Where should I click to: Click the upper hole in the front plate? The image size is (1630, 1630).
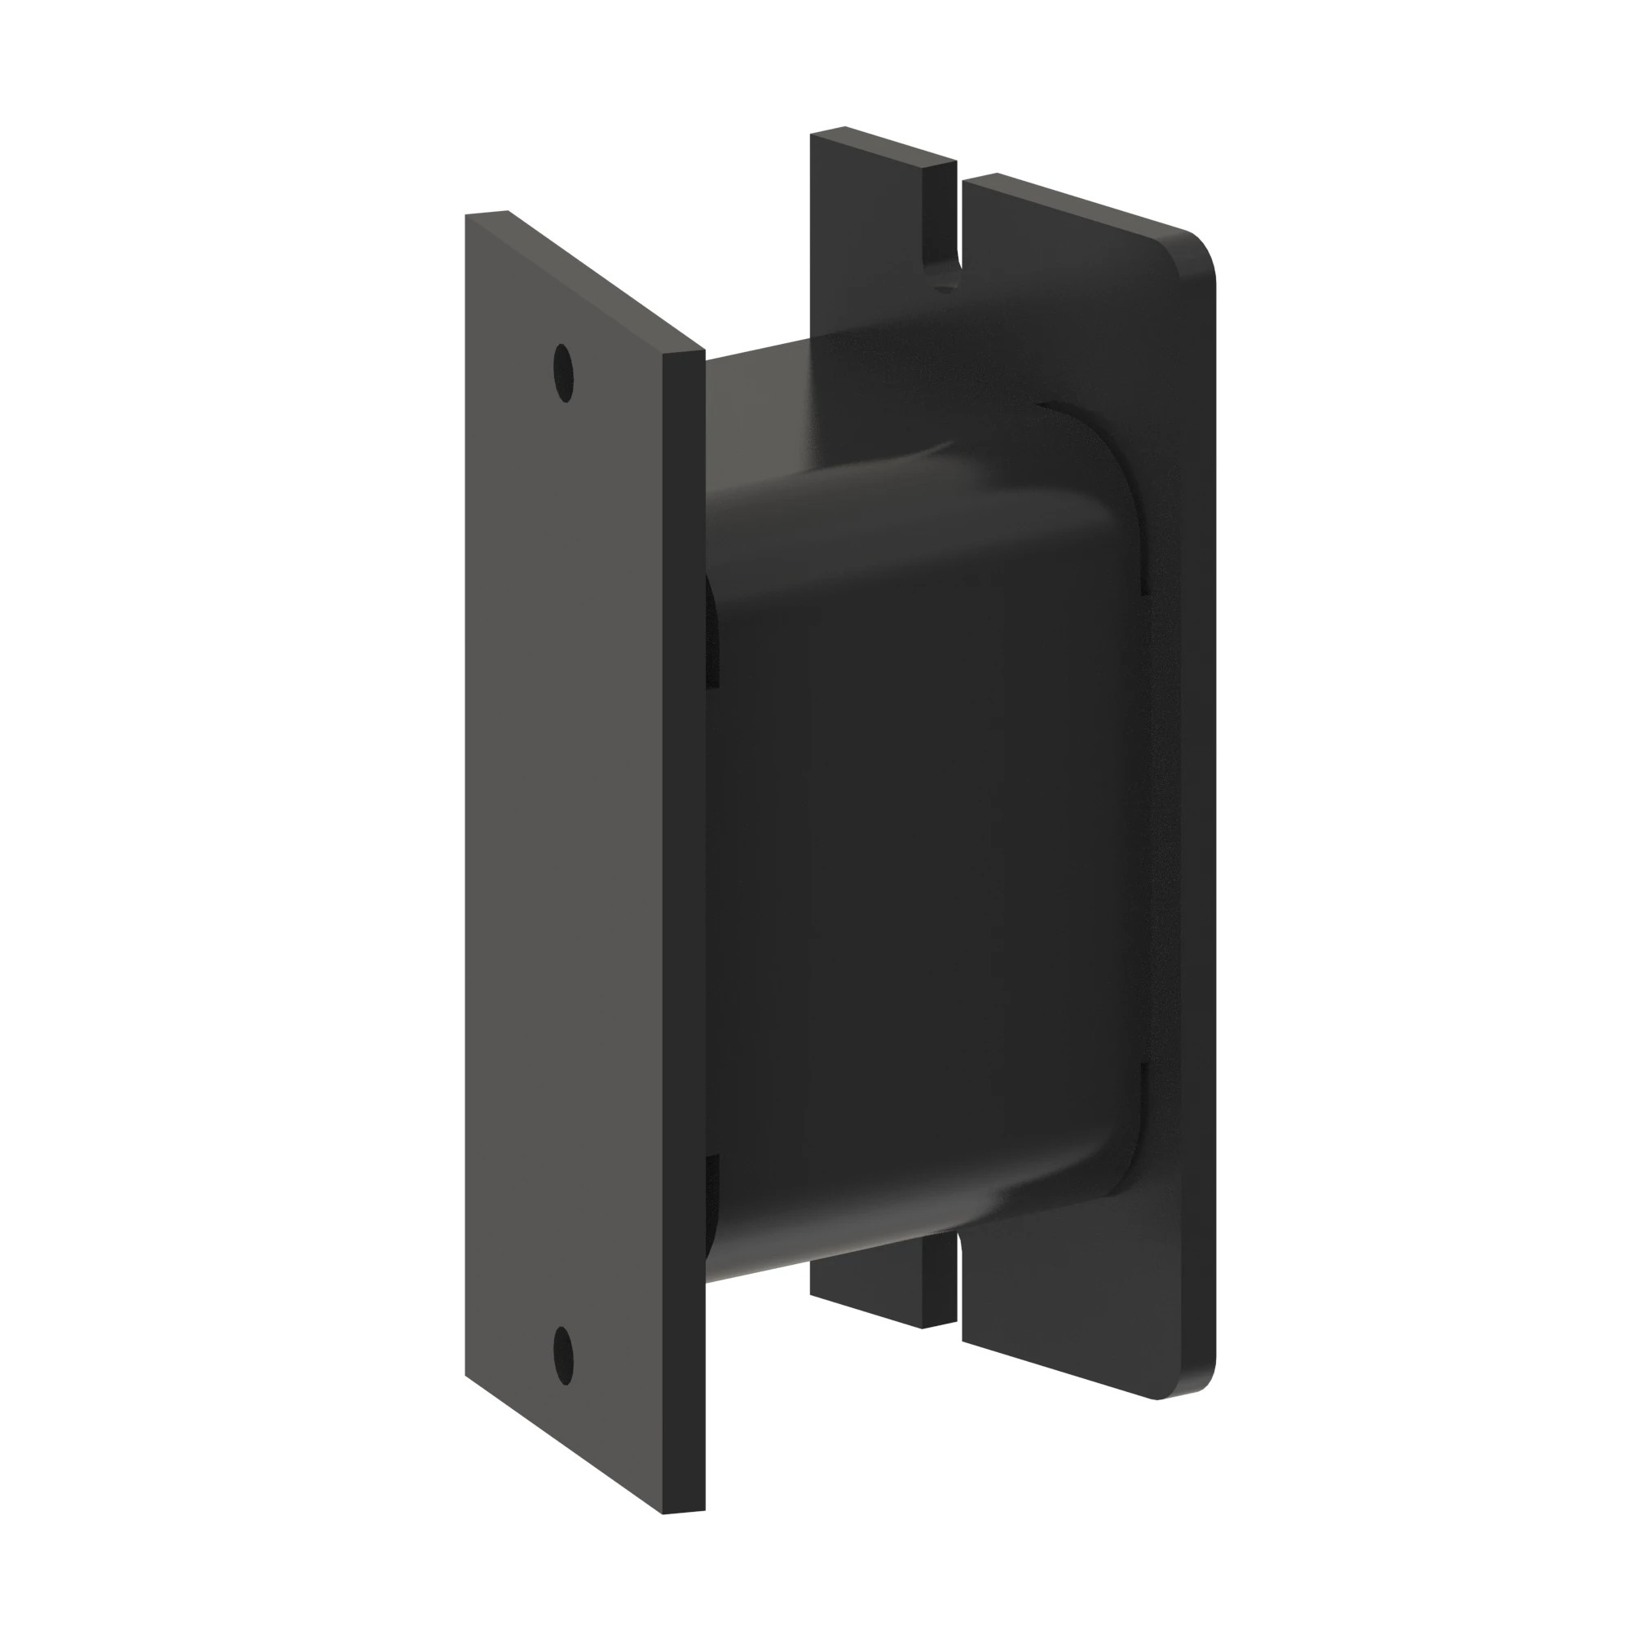pos(562,372)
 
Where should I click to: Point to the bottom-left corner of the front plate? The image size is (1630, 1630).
pos(465,1375)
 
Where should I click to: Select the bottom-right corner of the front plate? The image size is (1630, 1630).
pos(703,1510)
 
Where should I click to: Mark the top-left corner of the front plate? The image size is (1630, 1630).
pos(465,215)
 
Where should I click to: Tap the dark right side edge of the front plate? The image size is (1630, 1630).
pos(685,928)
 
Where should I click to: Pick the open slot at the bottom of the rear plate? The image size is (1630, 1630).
pos(960,1299)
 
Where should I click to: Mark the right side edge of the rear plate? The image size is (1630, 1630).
pos(1214,844)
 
